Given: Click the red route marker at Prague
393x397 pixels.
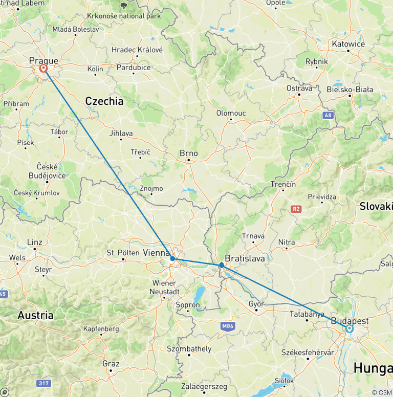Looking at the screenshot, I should pos(43,69).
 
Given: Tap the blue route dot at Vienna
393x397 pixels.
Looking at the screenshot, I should pos(173,259).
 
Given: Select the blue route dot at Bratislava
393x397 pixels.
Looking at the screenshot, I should pos(221,265).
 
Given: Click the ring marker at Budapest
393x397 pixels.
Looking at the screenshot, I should pos(350,329).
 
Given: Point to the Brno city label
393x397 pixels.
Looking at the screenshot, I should pos(188,153).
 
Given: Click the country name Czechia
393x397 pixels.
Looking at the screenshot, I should pos(104,101).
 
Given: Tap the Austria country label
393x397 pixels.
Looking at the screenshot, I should pos(36,315).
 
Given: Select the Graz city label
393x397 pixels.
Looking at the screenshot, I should pos(111,364).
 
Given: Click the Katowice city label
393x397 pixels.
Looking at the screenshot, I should pos(348,44).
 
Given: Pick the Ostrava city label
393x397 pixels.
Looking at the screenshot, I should pos(299,88).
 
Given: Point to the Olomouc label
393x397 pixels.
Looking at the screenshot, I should pos(231,113).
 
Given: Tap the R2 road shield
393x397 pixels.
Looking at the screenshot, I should pos(296,209).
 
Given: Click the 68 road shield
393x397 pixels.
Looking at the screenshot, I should pos(328,116).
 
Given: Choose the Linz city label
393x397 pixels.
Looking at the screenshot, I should pos(35,242).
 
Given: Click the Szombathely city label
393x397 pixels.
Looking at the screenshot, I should pos(189,349).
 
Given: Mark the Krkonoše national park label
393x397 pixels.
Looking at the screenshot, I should pos(124,16).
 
